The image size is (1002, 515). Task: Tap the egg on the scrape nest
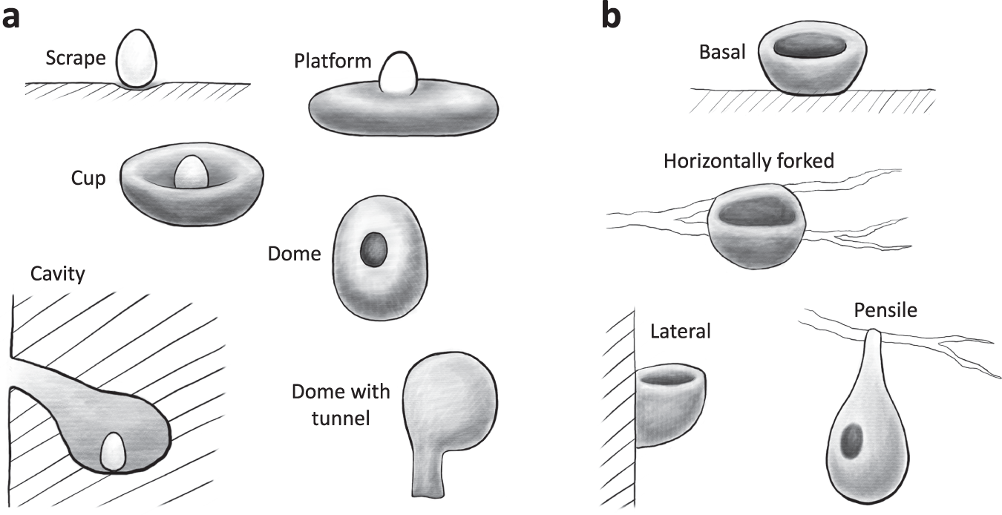139,58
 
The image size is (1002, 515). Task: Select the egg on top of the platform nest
396,73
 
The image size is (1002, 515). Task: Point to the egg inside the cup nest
191,173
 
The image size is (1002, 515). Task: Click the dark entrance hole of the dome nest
373,251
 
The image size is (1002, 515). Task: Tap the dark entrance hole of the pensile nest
851,439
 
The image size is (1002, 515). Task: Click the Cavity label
58,274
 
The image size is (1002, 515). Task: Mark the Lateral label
680,330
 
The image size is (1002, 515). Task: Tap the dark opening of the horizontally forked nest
755,212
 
